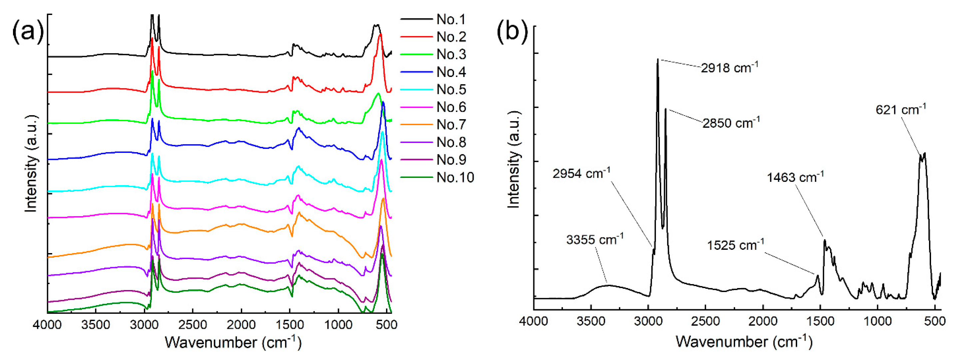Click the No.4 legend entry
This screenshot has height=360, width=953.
[451, 72]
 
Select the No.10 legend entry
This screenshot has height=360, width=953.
[455, 177]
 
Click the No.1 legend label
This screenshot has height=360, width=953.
[451, 19]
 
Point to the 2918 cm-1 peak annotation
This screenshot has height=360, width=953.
[729, 68]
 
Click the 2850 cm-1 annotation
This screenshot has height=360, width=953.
[731, 123]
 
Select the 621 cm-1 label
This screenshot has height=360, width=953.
[901, 110]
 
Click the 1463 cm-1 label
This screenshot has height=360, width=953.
[795, 177]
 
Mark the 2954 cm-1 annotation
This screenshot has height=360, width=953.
[581, 173]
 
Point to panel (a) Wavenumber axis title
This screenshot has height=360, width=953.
[233, 342]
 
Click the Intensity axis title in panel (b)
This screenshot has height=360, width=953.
[514, 159]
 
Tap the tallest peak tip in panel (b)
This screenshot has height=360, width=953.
[658, 59]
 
